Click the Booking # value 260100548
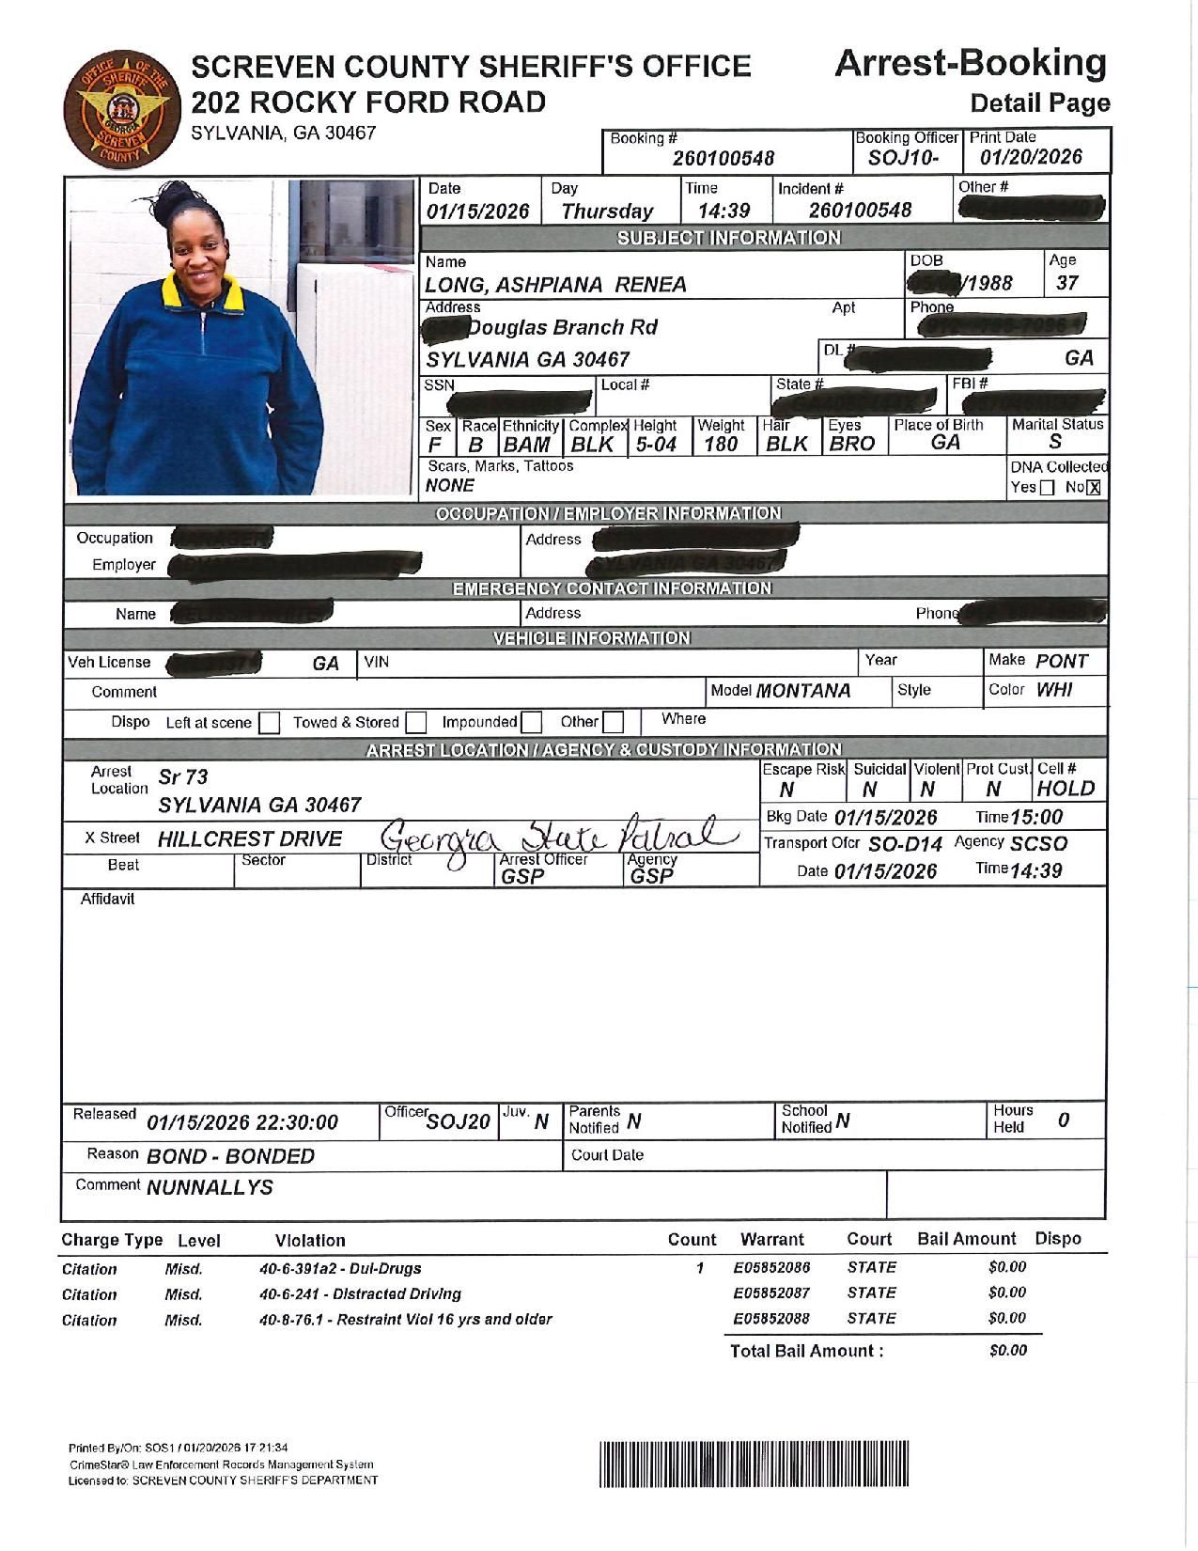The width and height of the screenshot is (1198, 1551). (723, 159)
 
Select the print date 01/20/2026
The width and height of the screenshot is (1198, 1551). (1031, 157)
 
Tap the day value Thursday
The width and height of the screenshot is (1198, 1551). (606, 211)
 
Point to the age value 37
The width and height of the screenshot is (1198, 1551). (1066, 283)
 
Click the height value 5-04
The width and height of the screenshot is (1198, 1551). (656, 445)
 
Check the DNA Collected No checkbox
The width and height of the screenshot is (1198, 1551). (1093, 488)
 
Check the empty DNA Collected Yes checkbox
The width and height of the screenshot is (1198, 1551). (1048, 488)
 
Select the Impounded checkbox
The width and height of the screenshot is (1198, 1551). (531, 722)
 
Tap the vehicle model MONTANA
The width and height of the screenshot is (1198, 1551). (803, 691)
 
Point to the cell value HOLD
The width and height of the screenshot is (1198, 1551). (1066, 789)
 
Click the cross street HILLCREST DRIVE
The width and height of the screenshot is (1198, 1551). (250, 838)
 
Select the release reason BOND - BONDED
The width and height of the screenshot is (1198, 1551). (230, 1156)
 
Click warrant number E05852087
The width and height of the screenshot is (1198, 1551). (771, 1293)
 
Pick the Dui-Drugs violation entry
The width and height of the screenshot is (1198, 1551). (340, 1268)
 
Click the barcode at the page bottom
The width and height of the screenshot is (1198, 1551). (754, 1464)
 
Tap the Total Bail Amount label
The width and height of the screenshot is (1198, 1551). (806, 1351)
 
